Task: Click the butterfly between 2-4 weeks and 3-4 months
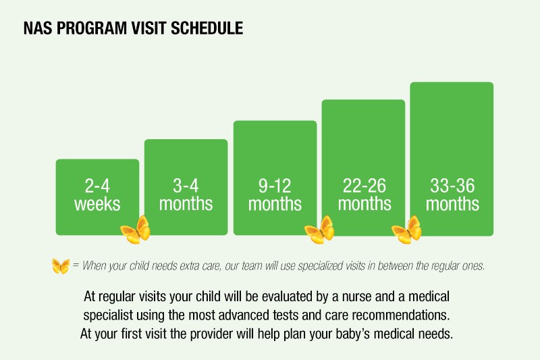135,230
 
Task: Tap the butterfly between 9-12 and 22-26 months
319,230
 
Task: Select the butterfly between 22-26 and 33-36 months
407,230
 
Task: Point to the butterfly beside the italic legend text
61,266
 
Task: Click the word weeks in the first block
97,203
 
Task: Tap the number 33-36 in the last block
452,186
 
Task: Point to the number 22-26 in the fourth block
363,186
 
